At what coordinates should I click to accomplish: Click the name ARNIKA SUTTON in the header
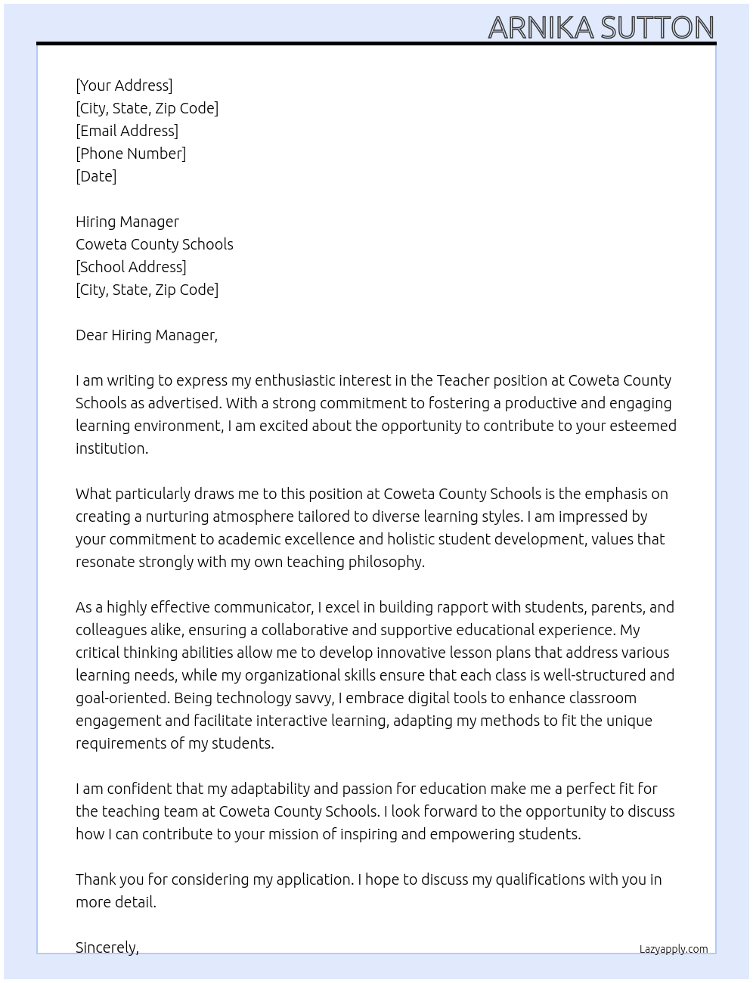click(x=601, y=27)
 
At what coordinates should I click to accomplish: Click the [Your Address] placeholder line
click(x=124, y=85)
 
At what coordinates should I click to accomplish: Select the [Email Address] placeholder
click(x=127, y=131)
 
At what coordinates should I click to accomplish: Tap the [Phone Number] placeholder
click(x=131, y=153)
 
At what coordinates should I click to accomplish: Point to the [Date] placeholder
click(x=96, y=176)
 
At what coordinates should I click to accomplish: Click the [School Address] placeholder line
click(x=131, y=267)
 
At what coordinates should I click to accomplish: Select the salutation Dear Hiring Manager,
click(x=147, y=335)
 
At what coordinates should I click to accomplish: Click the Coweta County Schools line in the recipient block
click(x=154, y=244)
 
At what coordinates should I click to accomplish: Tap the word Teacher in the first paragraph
click(x=463, y=380)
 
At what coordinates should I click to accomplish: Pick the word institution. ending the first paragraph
click(x=112, y=448)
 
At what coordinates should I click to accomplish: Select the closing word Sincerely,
click(x=107, y=947)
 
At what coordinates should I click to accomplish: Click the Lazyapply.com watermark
click(x=674, y=949)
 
